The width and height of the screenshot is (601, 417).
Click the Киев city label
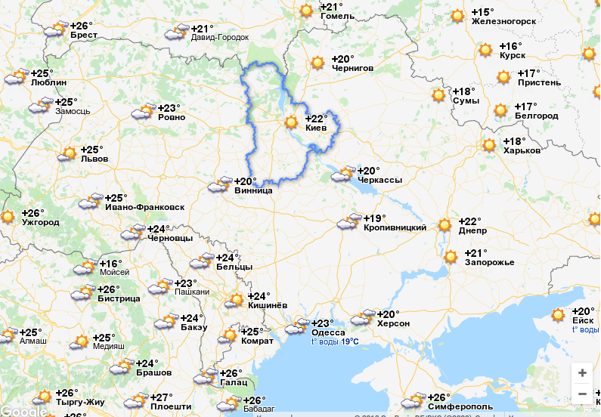[315, 128]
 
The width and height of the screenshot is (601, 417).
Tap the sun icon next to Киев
[292, 122]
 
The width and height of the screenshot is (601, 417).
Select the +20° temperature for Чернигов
[343, 59]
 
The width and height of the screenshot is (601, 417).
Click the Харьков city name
[522, 150]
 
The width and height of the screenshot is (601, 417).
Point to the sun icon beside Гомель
[306, 11]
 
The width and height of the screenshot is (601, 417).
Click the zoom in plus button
[581, 372]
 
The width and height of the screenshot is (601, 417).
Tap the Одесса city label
[328, 332]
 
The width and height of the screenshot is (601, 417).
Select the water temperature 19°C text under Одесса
[334, 341]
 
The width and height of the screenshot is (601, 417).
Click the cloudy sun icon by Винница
[220, 185]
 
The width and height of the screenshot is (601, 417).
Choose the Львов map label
[94, 159]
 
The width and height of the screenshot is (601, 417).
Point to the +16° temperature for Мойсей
[110, 263]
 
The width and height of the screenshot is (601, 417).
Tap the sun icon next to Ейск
[559, 314]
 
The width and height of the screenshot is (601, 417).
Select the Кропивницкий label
[395, 227]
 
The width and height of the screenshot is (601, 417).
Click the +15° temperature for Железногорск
[482, 12]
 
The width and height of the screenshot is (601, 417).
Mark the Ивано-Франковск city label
[144, 207]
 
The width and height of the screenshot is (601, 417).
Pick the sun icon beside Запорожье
[451, 257]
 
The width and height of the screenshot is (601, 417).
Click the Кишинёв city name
[268, 305]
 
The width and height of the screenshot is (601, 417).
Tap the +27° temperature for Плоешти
[161, 397]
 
